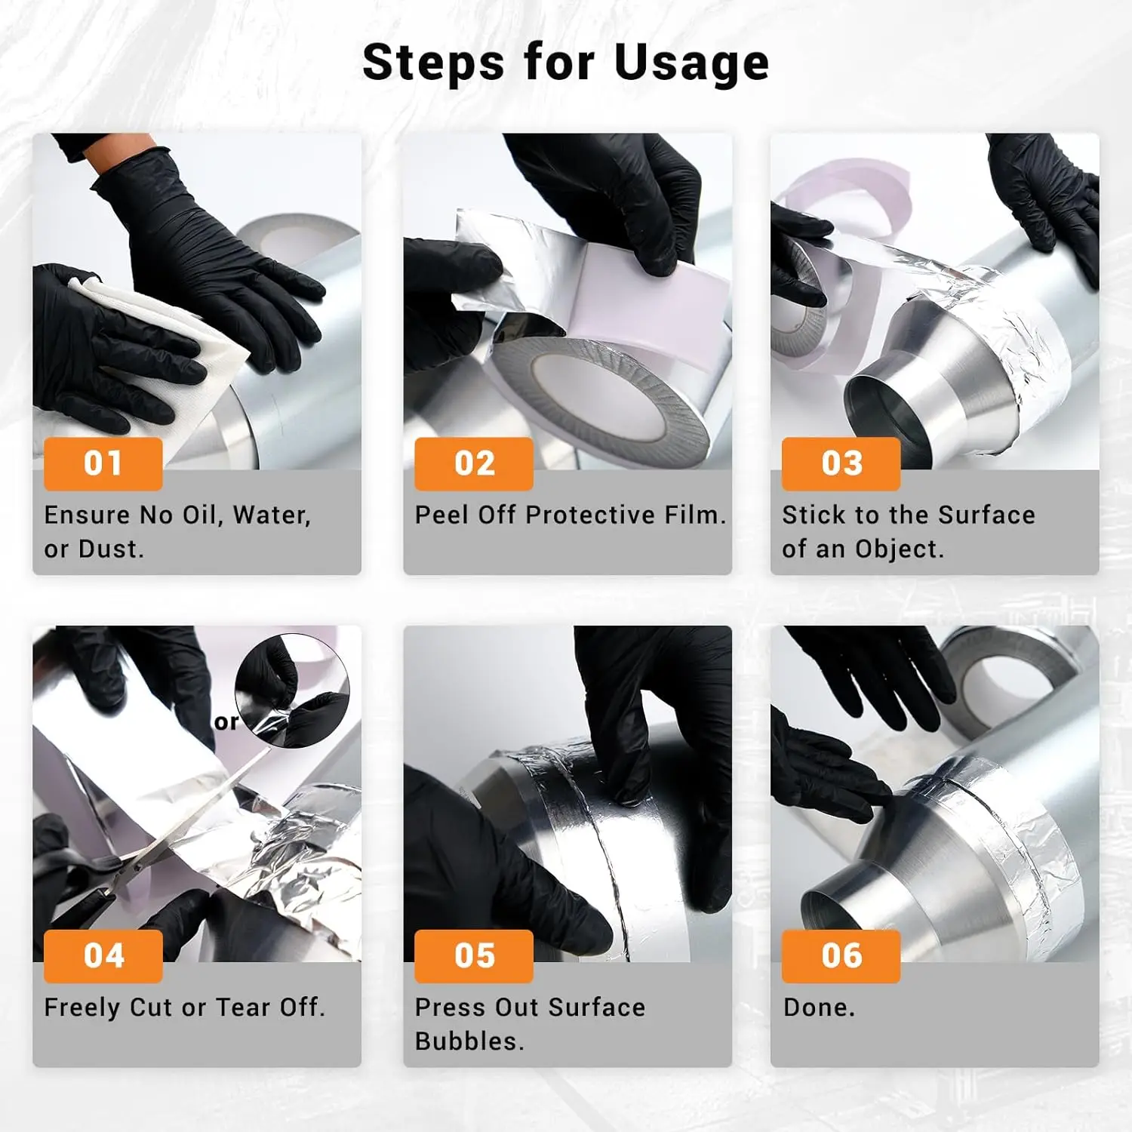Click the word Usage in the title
[x=692, y=63]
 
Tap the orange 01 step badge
[x=103, y=463]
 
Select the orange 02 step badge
[x=474, y=463]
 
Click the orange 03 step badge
[x=841, y=463]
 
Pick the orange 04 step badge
[x=103, y=956]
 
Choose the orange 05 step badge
[x=474, y=956]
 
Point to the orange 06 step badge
[x=841, y=956]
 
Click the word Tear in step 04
[x=245, y=1007]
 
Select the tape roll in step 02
[x=604, y=392]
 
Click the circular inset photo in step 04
[x=292, y=691]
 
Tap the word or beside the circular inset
[x=226, y=723]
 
